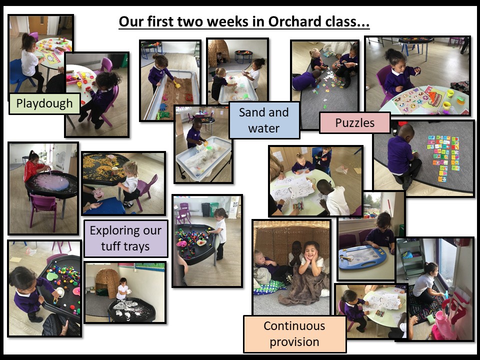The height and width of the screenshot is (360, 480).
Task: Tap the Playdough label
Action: coord(44,104)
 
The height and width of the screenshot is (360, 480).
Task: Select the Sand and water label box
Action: coord(264,120)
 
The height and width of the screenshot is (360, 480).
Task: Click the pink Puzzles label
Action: coord(355,123)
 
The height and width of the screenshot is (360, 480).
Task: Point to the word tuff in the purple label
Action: coord(111,246)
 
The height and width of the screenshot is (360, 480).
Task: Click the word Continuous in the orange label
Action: coord(294,325)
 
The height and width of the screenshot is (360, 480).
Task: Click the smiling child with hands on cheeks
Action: coord(311,258)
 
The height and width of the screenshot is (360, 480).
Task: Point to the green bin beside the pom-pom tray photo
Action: coord(214,209)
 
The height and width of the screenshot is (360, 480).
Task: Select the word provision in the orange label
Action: coord(294,342)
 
